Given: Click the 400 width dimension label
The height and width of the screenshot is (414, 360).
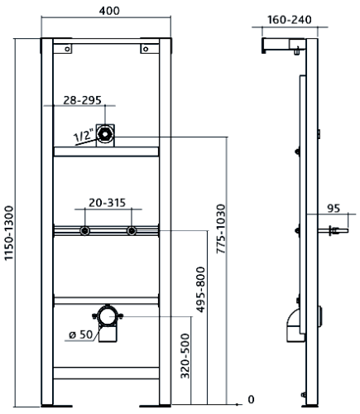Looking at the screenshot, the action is [x=109, y=11].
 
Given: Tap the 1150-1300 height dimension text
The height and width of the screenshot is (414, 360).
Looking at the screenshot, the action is [x=9, y=233].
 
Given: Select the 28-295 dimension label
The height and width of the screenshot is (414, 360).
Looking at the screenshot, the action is [x=83, y=100].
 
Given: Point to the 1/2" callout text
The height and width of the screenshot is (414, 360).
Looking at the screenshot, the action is [x=82, y=136].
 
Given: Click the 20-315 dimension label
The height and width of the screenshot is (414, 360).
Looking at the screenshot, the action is [x=107, y=203].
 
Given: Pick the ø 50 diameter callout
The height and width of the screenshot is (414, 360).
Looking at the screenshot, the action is [x=81, y=335].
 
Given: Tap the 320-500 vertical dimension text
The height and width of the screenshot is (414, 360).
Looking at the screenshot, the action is [x=185, y=356].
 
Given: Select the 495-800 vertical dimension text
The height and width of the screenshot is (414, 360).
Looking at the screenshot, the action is [x=201, y=290].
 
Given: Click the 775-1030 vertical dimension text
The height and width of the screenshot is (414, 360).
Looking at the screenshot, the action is [x=221, y=229].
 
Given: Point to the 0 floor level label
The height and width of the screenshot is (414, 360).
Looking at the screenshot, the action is [x=251, y=399].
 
